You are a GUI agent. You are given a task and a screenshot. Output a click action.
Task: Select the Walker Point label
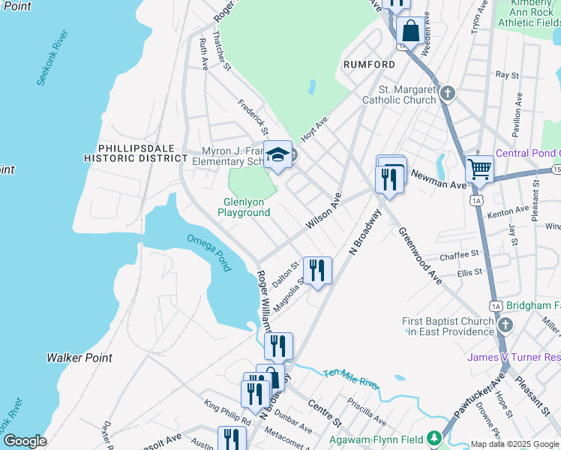point(79,358)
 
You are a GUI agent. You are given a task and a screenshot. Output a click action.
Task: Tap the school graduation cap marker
point(277,155)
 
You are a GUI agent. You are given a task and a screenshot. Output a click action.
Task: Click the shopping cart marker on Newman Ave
point(479,169)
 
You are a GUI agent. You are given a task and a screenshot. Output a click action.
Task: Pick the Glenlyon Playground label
point(244,207)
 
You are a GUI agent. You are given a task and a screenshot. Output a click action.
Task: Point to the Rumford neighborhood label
point(369,64)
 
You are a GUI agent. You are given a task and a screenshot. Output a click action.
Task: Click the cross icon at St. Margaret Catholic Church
point(448,94)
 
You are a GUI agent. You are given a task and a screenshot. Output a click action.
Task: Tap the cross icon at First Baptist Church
point(505,325)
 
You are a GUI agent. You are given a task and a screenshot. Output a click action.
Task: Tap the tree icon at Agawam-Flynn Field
point(433,437)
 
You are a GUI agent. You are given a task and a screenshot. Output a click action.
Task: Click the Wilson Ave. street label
point(324,212)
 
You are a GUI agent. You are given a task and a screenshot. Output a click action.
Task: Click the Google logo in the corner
point(25,441)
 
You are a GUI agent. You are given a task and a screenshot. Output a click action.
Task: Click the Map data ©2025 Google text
point(514,444)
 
